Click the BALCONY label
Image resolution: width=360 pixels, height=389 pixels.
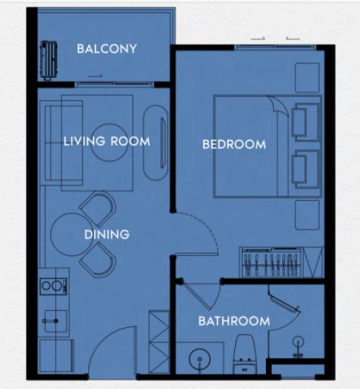click(107, 49)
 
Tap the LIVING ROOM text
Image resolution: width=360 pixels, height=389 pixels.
click(107, 141)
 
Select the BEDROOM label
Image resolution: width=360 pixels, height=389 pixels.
click(234, 145)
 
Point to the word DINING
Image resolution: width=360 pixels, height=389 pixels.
click(107, 235)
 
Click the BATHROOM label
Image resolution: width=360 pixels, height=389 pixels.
click(234, 322)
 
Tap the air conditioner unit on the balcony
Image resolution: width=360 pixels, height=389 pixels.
click(49, 60)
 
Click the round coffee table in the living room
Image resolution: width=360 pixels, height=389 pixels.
click(108, 143)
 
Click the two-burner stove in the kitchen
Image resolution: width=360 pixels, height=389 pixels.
click(53, 287)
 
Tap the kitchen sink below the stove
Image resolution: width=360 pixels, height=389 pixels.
click(56, 321)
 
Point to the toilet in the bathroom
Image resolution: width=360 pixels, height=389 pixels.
click(245, 354)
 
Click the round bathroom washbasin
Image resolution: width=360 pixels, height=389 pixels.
click(200, 360)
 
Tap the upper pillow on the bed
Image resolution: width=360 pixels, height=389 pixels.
click(305, 122)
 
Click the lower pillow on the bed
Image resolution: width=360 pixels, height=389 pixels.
click(305, 169)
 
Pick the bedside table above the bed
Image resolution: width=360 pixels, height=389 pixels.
click(307, 78)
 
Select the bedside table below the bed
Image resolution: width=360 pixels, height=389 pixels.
click(307, 215)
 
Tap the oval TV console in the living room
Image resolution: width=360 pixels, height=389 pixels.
click(156, 143)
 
